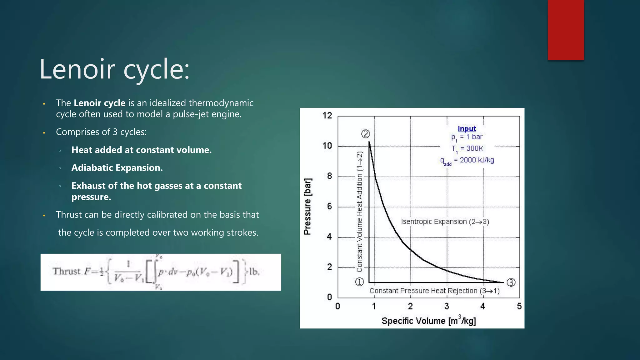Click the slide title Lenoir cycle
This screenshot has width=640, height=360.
pos(114,69)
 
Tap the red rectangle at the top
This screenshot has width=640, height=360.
pos(566,30)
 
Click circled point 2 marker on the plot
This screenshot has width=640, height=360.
pos(366,134)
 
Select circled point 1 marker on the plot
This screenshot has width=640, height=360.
pos(359,282)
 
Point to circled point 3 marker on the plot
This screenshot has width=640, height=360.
pos(511,282)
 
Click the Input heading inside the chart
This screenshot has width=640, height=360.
pos(467,128)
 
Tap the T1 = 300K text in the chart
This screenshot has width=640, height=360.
pos(467,148)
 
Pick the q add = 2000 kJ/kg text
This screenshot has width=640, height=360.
pos(467,160)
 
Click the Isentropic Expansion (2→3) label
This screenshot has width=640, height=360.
pos(445,222)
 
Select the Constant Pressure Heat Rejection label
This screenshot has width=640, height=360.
pos(434,291)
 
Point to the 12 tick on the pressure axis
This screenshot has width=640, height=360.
pos(327,116)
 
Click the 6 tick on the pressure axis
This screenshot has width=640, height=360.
pos(329,206)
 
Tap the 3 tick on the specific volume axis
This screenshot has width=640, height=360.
pos(447,306)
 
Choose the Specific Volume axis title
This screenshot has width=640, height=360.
pos(428,321)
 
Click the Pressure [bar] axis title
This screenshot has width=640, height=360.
pos(307,206)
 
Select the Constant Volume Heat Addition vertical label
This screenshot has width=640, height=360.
pos(360,212)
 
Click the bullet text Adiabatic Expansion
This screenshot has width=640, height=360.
pos(117,168)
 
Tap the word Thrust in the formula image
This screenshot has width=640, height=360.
pos(67,271)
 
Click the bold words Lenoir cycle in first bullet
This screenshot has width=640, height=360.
pos(99,103)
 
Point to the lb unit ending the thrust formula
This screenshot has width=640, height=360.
pos(254,272)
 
